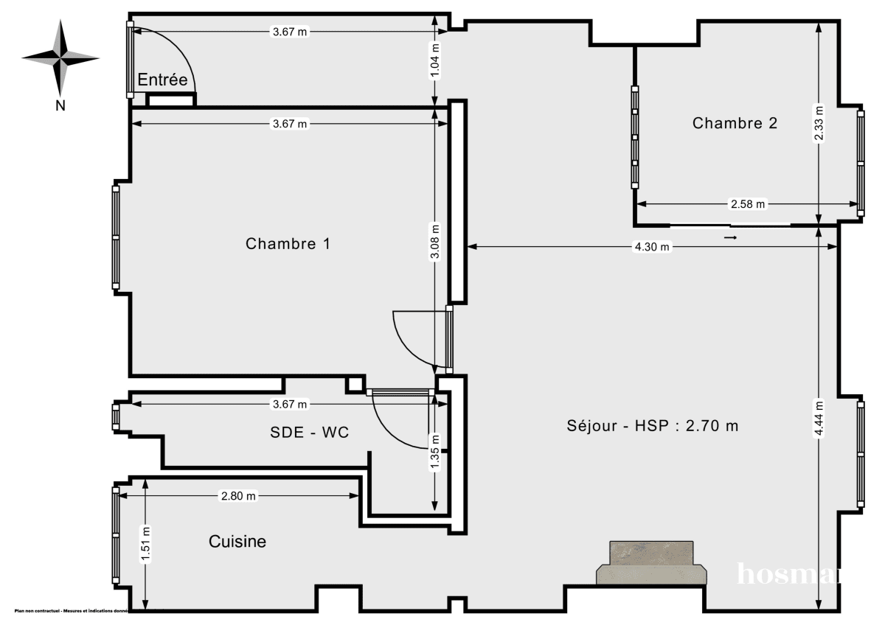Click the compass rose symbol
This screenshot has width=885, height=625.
(x=60, y=56)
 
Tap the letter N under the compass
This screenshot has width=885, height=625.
(x=61, y=105)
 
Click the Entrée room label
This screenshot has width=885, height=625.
(x=163, y=80)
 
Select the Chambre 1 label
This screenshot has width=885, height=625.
(x=288, y=243)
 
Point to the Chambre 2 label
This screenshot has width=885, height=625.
(x=735, y=123)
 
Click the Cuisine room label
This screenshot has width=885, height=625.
(x=237, y=542)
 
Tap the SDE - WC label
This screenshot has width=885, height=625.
(x=309, y=433)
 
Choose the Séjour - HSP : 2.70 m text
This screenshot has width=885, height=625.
(x=653, y=425)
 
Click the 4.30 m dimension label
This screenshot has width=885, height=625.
(x=652, y=248)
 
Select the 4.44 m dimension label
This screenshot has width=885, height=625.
(x=819, y=419)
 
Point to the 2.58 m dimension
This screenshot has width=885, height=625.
(x=748, y=203)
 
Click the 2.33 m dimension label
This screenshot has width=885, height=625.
(x=819, y=123)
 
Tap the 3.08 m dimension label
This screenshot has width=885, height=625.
(x=435, y=242)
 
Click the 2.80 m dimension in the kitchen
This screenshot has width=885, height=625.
(x=238, y=496)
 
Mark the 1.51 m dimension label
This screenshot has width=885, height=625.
(x=146, y=544)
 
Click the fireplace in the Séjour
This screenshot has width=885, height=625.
(x=652, y=564)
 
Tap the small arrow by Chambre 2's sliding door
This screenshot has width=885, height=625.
(x=731, y=239)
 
